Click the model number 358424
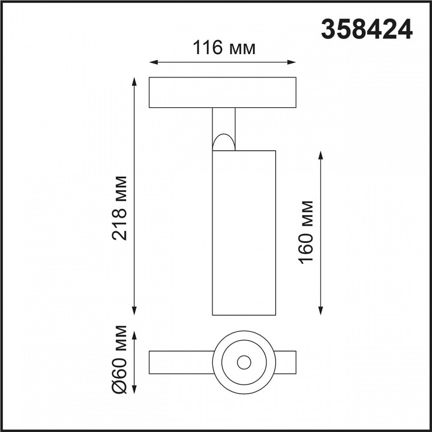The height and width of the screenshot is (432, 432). click(x=368, y=29)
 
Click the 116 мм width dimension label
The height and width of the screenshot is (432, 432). click(x=224, y=47)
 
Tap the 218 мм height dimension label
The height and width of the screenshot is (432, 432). click(x=120, y=208)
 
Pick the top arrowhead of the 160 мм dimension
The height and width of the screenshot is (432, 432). click(x=322, y=154)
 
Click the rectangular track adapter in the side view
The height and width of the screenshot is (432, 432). click(x=223, y=92)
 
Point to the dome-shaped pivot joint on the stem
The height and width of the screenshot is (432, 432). click(x=223, y=142)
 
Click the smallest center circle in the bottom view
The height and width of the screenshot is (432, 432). click(x=244, y=362)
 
